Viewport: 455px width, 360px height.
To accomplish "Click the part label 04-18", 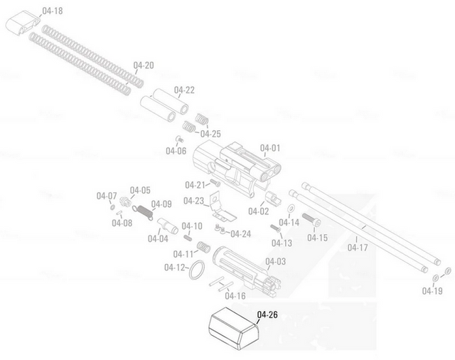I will tap(53, 11).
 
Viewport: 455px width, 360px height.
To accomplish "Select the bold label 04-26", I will tap(267, 314).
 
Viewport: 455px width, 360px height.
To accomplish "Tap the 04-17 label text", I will tap(358, 248).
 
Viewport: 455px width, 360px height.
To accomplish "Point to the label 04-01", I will tap(271, 149).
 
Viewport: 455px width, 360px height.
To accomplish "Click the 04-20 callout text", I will tap(144, 65).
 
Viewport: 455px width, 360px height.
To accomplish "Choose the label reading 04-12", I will tap(174, 268).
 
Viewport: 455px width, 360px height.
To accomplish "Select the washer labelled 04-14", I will tap(291, 207).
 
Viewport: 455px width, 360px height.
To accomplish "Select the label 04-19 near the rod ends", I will tap(432, 290).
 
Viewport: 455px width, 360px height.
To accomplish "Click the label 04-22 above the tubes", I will tap(184, 90).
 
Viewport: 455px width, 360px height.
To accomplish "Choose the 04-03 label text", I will tap(276, 262).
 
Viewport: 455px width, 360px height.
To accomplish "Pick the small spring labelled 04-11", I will tap(202, 248).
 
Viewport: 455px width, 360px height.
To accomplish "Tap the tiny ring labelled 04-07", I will tap(113, 207).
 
